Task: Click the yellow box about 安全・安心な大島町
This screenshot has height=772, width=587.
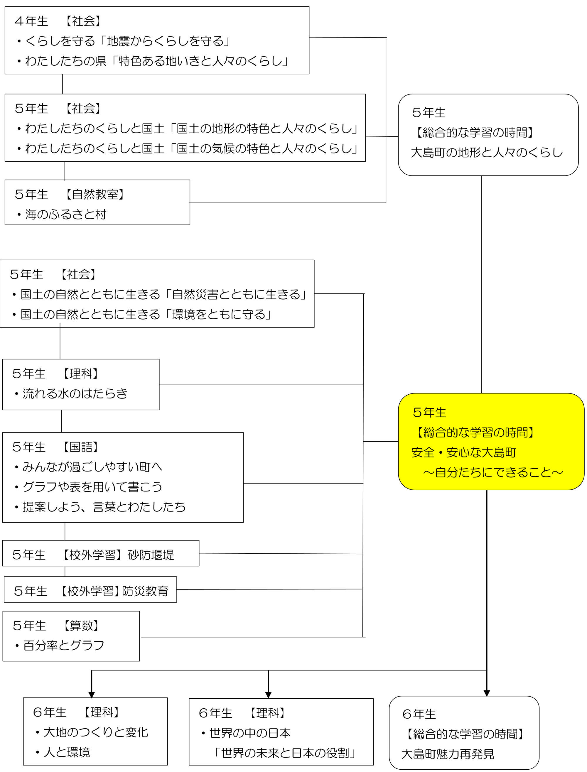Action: (x=491, y=442)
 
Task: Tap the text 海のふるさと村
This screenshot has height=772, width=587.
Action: (x=66, y=214)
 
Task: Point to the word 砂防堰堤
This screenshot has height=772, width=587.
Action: (x=151, y=555)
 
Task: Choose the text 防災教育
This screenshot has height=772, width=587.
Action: (x=145, y=591)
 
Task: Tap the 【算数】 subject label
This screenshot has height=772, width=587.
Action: (x=81, y=625)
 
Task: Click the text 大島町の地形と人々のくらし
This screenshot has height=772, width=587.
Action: (x=487, y=152)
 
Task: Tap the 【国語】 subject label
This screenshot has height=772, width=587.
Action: (x=80, y=447)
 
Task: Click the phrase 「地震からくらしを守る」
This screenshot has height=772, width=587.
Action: (x=164, y=41)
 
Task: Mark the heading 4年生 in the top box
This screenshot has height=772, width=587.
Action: (x=31, y=21)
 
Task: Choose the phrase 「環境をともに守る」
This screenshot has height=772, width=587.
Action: (x=218, y=314)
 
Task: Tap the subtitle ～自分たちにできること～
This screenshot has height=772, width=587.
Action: (x=493, y=472)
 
